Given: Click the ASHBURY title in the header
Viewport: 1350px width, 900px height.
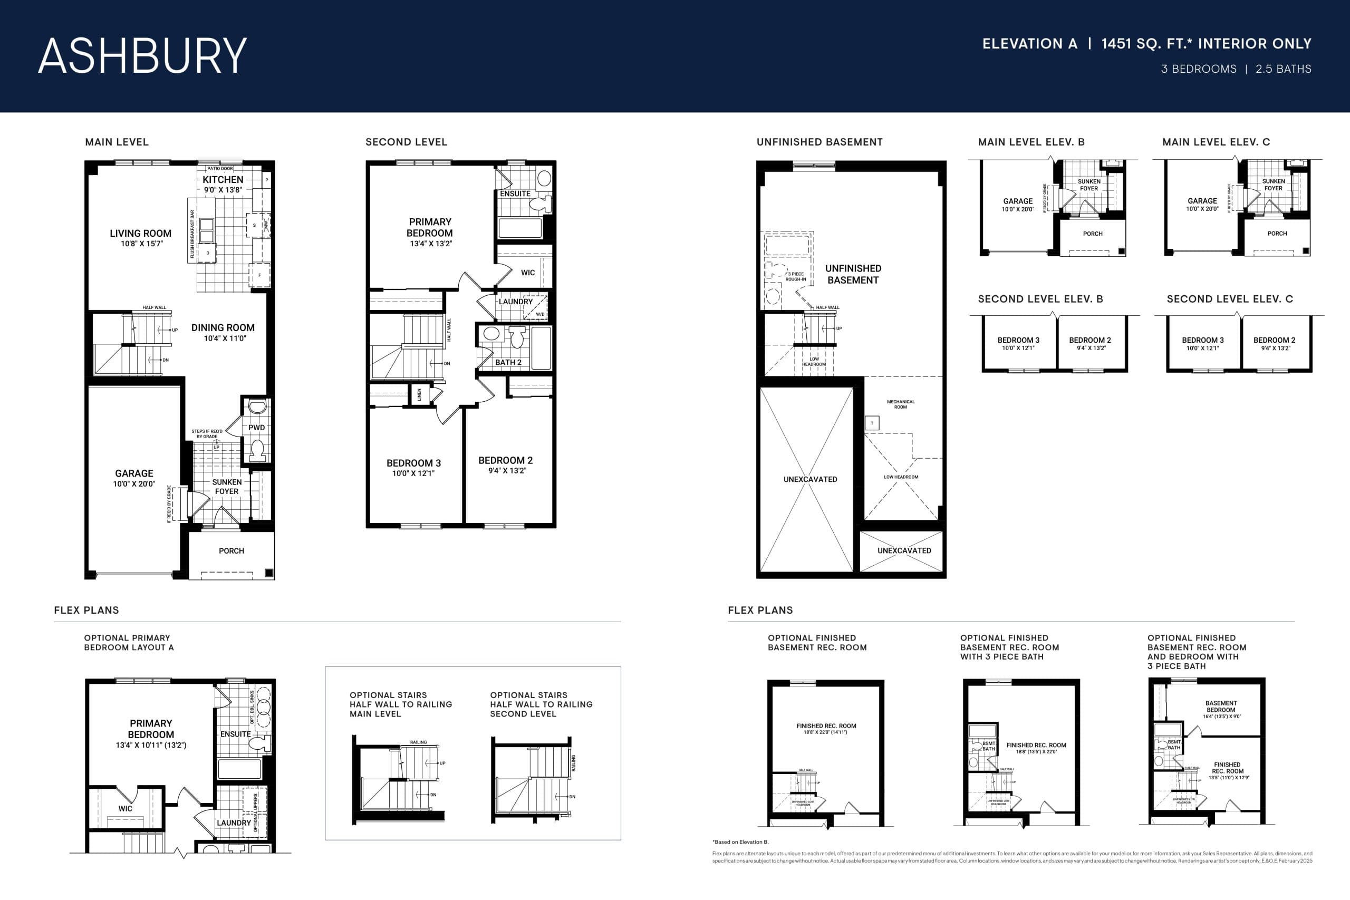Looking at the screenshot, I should click(142, 56).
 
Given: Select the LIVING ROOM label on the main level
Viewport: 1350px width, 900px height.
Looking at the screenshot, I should click(141, 234).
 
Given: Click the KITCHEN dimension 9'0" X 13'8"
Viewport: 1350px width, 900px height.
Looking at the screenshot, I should click(223, 190).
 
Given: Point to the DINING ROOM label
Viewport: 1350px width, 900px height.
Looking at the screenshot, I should click(223, 328).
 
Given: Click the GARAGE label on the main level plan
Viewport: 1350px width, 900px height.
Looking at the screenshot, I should click(134, 473).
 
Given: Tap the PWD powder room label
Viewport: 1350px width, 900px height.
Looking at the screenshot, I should click(257, 428).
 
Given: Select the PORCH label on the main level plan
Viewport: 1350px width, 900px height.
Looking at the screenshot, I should click(232, 551).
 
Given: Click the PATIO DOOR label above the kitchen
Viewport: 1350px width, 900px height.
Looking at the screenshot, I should click(220, 169).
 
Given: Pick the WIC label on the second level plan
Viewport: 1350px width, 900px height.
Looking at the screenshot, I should click(527, 273).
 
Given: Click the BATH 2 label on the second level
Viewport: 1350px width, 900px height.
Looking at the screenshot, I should click(508, 363).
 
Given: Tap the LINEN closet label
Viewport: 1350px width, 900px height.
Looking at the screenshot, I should click(420, 394).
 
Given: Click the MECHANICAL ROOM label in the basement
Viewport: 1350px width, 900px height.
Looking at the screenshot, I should click(901, 404).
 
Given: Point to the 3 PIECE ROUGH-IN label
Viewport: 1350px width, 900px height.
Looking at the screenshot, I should click(796, 277).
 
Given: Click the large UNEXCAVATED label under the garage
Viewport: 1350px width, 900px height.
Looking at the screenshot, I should click(810, 479).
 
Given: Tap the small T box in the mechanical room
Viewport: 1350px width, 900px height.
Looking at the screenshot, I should click(872, 423).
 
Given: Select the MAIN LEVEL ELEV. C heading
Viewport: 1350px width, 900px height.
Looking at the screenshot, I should click(1216, 142).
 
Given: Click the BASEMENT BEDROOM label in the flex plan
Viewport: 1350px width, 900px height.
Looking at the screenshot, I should click(1221, 707).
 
